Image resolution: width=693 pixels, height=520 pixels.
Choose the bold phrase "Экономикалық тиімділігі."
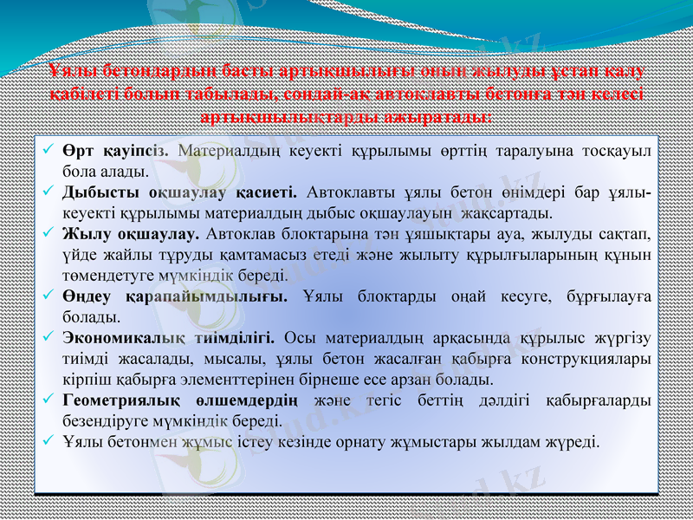coord(169,338)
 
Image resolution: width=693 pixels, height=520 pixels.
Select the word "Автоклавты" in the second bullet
coord(350,191)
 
